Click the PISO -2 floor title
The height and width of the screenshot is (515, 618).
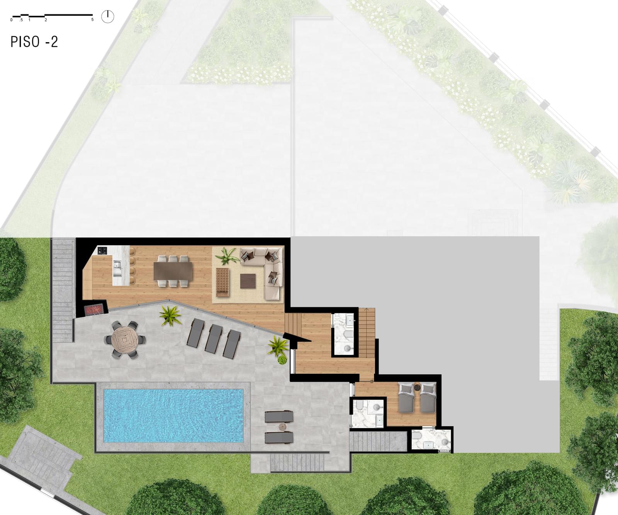point(34,42)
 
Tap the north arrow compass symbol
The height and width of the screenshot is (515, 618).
point(108,17)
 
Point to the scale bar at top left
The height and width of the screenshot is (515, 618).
point(52,17)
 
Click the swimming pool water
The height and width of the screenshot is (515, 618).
point(173,415)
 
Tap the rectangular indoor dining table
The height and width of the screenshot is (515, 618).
point(173,271)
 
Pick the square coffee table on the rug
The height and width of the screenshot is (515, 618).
point(248,281)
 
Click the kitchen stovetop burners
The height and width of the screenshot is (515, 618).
point(103,251)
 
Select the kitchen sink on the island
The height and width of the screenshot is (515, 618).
point(117,265)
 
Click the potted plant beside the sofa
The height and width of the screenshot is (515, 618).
point(227,256)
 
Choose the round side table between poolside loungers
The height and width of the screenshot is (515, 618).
point(282,427)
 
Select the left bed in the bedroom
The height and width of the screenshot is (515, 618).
point(406,398)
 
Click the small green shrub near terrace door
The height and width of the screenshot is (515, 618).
point(282,360)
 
